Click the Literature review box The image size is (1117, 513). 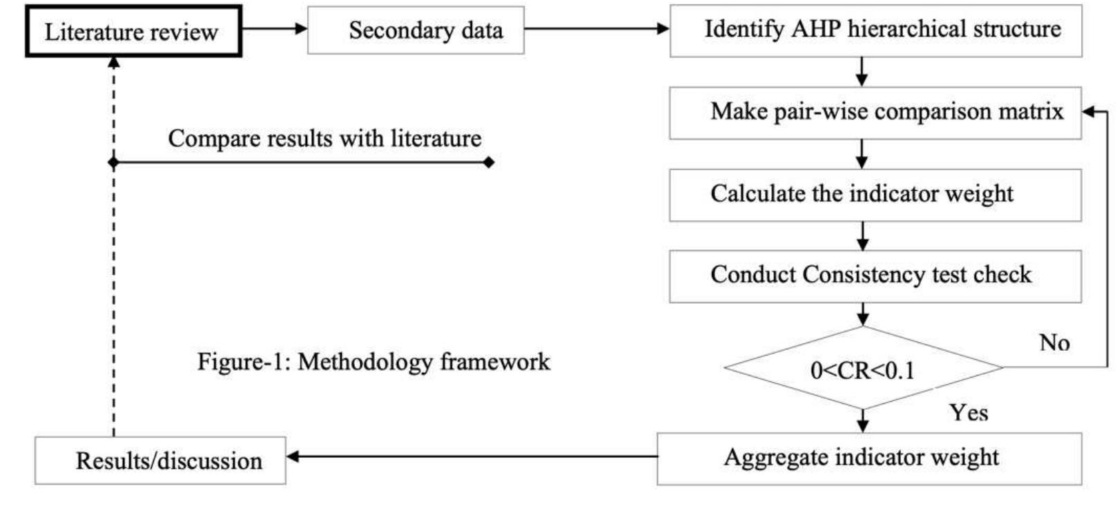133,32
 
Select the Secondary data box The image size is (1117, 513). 415,30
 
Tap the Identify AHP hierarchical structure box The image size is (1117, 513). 875,30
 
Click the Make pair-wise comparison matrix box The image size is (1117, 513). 875,113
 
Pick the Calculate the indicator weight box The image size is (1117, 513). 875,195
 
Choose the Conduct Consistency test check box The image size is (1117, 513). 875,276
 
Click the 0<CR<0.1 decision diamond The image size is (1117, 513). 863,369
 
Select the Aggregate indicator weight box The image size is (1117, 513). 868,458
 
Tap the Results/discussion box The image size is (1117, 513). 160,461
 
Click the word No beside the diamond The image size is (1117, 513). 1054,342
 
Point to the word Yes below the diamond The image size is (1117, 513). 969,412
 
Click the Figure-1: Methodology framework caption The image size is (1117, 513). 373,361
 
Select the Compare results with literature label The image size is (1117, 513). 324,138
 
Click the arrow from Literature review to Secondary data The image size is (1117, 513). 274,29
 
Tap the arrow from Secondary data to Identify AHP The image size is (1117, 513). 596,29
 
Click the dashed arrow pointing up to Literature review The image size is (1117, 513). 114,276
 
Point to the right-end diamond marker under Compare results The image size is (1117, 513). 489,162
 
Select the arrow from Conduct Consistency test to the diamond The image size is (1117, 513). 862,314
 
